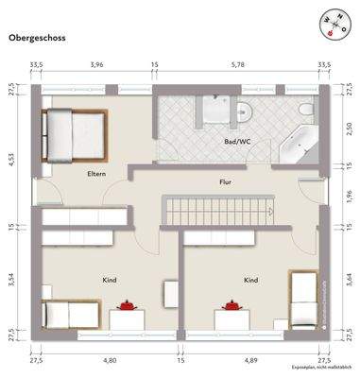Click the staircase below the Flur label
click(219, 211)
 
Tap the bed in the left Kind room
click(65, 311)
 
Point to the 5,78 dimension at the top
click(240, 66)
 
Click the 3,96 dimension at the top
click(95, 66)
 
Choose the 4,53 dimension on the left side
click(12, 158)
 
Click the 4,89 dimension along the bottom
click(250, 360)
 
